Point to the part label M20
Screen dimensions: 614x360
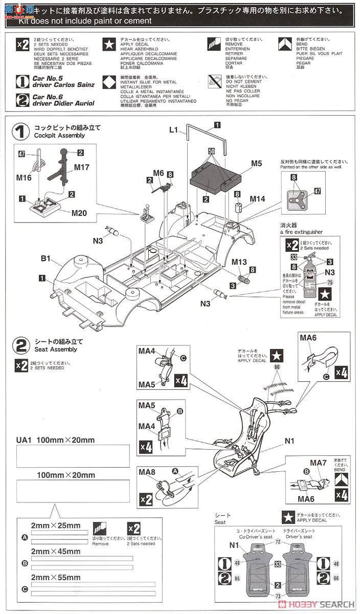[73, 213]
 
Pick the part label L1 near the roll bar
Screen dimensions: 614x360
[173, 131]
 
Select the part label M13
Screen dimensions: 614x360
[240, 261]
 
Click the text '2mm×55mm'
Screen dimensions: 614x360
[55, 578]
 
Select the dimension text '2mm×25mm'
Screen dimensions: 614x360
[55, 526]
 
